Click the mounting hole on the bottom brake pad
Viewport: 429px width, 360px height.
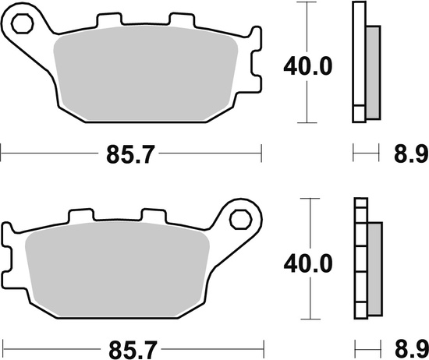pos(241,221)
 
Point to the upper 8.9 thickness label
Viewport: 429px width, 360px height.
pos(407,156)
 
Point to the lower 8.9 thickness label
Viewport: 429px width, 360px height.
pos(407,347)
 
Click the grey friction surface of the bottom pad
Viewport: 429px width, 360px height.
pos(117,269)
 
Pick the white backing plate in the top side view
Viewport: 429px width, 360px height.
pos(359,62)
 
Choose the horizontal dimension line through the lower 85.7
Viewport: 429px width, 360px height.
pos(47,345)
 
